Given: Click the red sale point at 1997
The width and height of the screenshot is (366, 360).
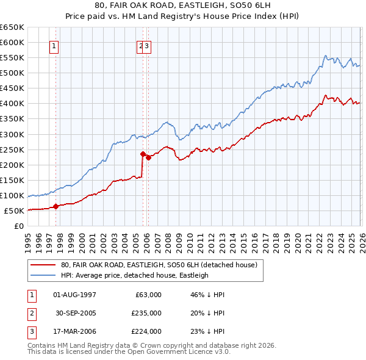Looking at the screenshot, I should tap(56, 206).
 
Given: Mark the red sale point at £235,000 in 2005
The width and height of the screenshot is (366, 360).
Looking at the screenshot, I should tap(143, 154).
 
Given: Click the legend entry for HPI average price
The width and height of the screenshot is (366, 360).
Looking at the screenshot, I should tap(135, 275).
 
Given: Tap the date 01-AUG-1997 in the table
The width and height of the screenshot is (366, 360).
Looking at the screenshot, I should tap(74, 295).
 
